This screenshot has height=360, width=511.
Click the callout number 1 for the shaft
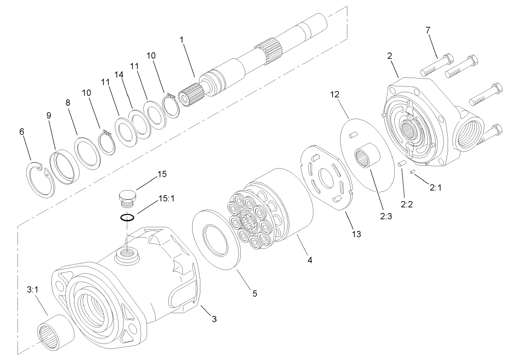182,40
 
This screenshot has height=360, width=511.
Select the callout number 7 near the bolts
428,31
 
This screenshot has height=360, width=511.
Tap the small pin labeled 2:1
413,172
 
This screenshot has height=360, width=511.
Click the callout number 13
356,234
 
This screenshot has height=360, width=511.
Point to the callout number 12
334,95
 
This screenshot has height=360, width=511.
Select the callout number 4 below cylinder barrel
310,260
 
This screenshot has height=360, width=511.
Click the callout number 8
68,103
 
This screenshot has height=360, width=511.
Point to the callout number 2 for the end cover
389,56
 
